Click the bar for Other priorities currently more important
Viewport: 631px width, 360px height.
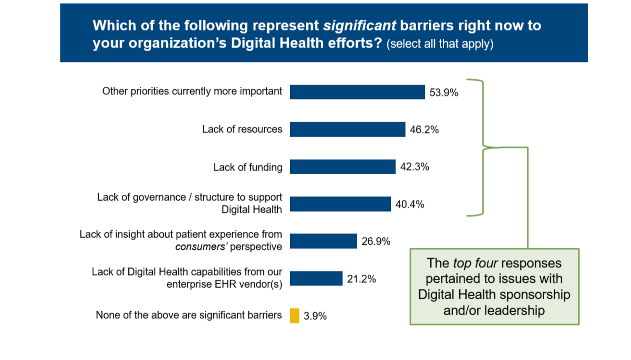pyautogui.click(x=357, y=92)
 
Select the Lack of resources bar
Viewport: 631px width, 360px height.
pyautogui.click(x=347, y=130)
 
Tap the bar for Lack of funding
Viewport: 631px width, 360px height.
pyautogui.click(x=342, y=167)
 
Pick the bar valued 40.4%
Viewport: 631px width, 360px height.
pyautogui.click(x=340, y=204)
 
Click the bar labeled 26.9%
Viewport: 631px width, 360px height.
pyautogui.click(x=323, y=241)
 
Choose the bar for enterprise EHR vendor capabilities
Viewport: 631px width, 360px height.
pyautogui.click(x=316, y=278)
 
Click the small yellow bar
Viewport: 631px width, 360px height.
pyautogui.click(x=294, y=315)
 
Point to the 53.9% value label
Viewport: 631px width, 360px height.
pyautogui.click(x=443, y=93)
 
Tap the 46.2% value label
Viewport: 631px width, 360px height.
pyautogui.click(x=424, y=130)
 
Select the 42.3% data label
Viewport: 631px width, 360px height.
pyautogui.click(x=414, y=167)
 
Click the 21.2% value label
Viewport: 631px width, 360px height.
pyautogui.click(x=361, y=279)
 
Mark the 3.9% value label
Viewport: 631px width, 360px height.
pyautogui.click(x=315, y=316)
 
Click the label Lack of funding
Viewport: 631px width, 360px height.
pyautogui.click(x=248, y=167)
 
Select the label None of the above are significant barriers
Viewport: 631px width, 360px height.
pyautogui.click(x=189, y=315)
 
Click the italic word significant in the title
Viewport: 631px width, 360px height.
pyautogui.click(x=359, y=26)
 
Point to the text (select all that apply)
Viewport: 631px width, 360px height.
pyautogui.click(x=440, y=44)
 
